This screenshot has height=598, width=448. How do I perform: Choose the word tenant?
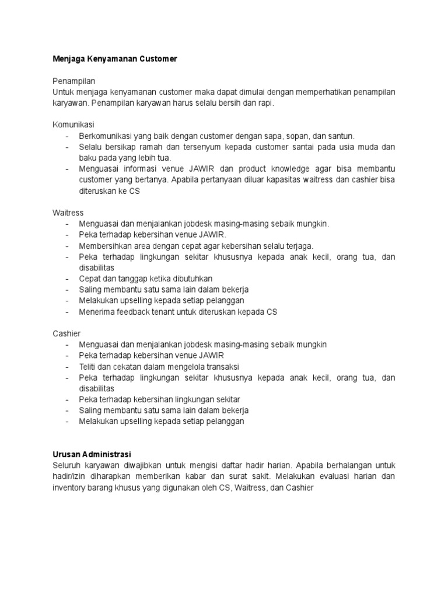click(x=163, y=312)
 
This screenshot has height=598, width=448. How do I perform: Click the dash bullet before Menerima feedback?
click(x=68, y=312)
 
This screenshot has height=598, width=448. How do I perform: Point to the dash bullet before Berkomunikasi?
click(x=68, y=135)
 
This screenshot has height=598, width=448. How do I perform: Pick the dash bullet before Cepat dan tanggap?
click(x=68, y=279)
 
